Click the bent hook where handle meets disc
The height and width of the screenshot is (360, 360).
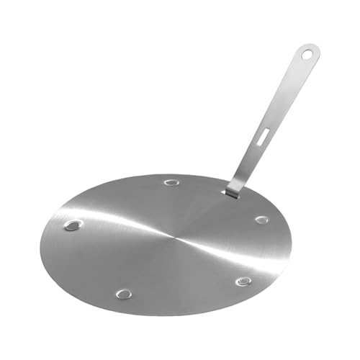click(x=232, y=192)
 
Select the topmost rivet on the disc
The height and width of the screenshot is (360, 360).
click(x=170, y=183)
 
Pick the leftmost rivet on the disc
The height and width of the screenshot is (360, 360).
click(x=71, y=225)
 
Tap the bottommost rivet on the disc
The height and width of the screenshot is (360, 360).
click(x=124, y=294)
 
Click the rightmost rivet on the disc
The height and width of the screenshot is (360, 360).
click(x=261, y=219)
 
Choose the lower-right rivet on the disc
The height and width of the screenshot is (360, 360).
click(x=243, y=281)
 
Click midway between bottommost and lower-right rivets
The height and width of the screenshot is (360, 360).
click(x=184, y=287)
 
